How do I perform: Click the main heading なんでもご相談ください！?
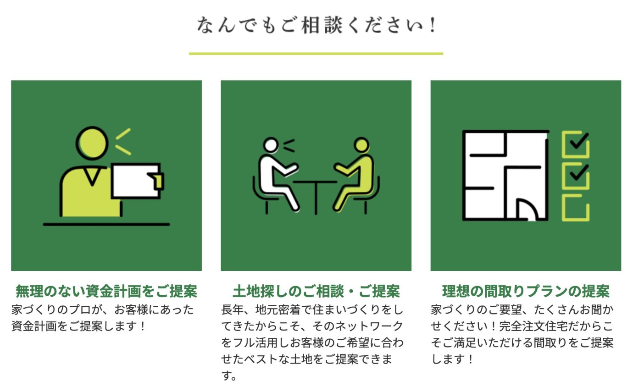point(316,25)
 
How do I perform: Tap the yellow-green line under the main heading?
point(316,53)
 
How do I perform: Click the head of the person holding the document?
point(92,143)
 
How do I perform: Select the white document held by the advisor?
point(136,181)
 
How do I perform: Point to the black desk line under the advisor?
point(106,225)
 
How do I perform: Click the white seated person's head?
point(271,145)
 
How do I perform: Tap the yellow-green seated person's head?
point(361,145)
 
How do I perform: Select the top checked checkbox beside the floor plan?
point(576,144)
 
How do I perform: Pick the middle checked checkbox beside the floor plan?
point(576,176)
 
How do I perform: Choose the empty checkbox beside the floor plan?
point(576,208)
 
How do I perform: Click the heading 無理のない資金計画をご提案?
point(106,292)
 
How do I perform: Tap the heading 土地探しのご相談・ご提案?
point(316,292)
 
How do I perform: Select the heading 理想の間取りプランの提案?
point(526,292)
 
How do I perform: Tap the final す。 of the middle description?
point(229,376)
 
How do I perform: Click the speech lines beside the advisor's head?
point(123,142)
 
